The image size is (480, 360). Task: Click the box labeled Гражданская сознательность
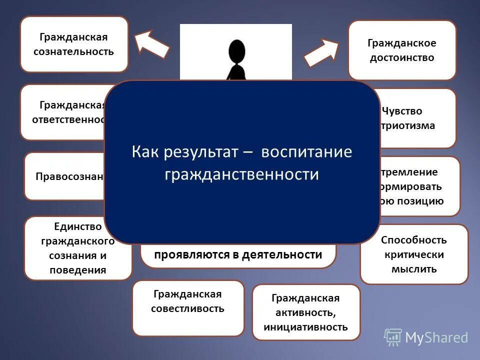[74, 44]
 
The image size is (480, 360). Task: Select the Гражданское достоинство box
[402, 50]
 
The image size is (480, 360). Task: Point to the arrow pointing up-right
[322, 52]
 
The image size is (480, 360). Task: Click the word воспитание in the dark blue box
[306, 152]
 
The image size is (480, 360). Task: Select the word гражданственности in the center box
[242, 174]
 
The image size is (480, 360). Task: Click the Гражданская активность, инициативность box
[306, 312]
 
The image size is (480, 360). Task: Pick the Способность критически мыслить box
[414, 254]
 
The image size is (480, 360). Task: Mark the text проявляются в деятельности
[238, 254]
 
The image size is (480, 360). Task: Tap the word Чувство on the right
[401, 111]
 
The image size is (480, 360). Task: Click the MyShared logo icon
[393, 337]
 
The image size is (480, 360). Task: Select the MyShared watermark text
[436, 338]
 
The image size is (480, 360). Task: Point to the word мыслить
[414, 269]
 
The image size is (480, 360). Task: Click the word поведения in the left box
[77, 270]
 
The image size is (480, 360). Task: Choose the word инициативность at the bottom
[306, 327]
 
